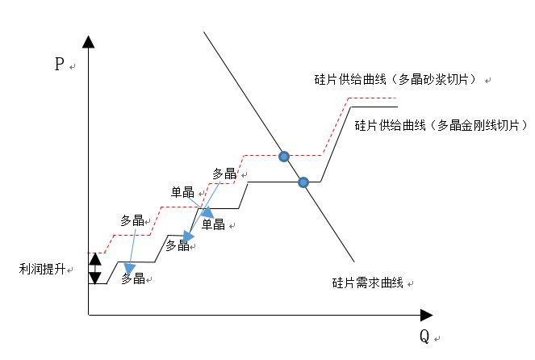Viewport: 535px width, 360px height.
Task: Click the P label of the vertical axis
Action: point(60,64)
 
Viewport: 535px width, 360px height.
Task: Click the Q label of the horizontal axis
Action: point(424,337)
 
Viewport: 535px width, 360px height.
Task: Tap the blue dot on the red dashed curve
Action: point(284,157)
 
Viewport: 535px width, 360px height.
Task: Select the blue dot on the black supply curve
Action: point(303,182)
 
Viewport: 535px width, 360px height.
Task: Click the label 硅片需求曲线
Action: point(368,283)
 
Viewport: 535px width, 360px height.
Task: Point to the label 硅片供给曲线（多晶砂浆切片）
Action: point(395,80)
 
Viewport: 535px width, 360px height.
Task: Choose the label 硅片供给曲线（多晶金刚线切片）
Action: point(441,126)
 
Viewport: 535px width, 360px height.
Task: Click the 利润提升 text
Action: point(42,270)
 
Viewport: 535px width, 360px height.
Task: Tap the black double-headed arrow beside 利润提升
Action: point(95,269)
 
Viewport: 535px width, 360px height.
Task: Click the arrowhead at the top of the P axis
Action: point(89,42)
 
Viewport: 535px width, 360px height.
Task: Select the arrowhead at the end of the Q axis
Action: point(427,315)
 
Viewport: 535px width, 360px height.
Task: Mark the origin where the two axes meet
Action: point(89,315)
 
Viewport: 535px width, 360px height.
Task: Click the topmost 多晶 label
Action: point(224,174)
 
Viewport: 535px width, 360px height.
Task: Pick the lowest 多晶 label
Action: point(133,278)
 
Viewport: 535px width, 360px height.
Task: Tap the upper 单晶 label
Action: point(182,192)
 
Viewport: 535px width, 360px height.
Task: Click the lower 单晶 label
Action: point(213,224)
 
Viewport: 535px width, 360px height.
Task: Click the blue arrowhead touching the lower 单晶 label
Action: point(207,213)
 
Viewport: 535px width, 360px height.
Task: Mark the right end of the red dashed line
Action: point(398,98)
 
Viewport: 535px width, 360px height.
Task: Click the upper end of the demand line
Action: point(204,32)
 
